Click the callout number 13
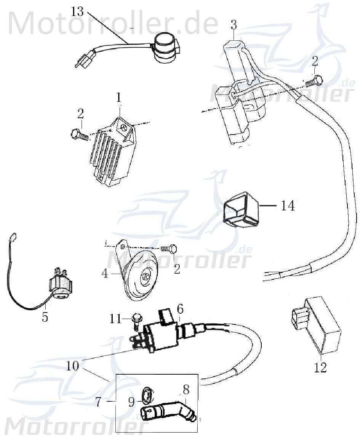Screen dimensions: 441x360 tap(77, 11)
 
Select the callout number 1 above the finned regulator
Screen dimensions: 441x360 tap(119, 98)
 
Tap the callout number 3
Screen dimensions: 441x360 tap(234, 25)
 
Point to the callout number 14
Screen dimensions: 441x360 tap(288, 206)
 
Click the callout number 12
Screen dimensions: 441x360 tap(321, 368)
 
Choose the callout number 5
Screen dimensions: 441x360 tap(45, 317)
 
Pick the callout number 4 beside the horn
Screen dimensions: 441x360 tap(105, 273)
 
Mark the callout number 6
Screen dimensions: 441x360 tap(180, 309)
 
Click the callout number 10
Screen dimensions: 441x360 tap(72, 366)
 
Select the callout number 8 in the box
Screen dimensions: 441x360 tap(186, 390)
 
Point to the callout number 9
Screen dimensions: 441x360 tap(131, 403)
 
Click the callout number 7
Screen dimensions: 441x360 tap(98, 402)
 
